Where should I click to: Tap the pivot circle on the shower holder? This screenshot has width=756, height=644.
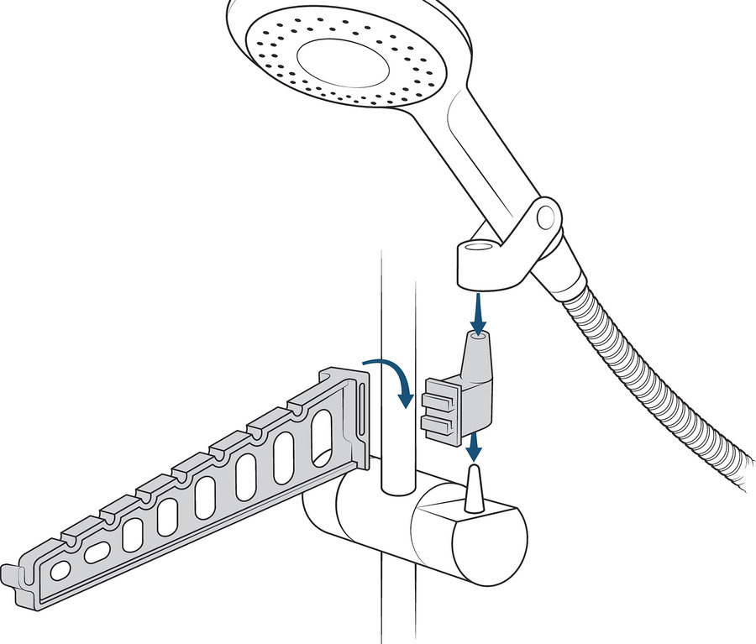click(x=547, y=215)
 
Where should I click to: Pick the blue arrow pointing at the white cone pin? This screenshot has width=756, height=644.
click(x=474, y=443)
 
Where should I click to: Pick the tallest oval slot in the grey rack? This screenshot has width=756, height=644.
click(x=322, y=437)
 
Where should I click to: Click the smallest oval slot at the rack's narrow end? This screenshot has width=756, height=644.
click(x=60, y=570)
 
